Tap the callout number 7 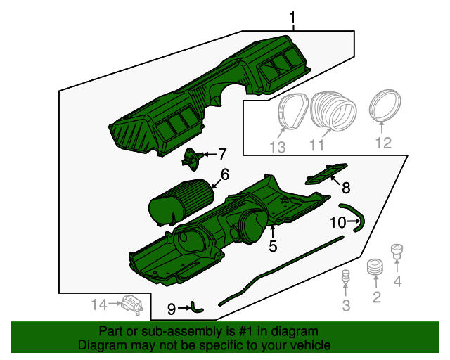tap(222, 153)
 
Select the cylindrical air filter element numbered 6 tap(181, 202)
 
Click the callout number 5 tap(273, 246)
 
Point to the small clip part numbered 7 tap(192, 160)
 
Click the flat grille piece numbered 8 tap(326, 174)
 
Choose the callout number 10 tap(338, 222)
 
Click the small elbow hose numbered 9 tap(197, 309)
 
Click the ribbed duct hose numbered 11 tap(333, 111)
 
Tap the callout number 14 tap(99, 304)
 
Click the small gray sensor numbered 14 tap(132, 305)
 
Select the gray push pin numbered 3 tap(346, 277)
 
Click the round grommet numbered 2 tap(375, 267)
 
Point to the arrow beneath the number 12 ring tap(381, 127)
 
